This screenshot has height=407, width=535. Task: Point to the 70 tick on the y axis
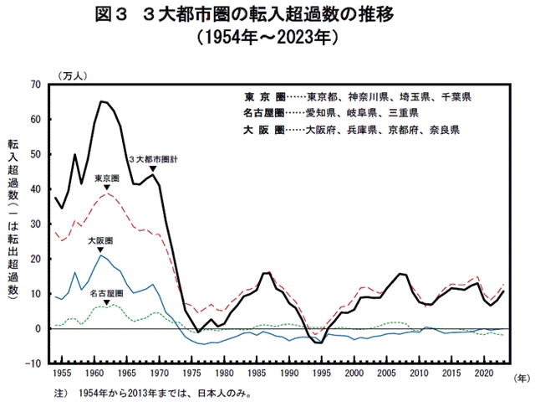[35, 85]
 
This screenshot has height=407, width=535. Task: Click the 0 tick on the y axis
[38, 329]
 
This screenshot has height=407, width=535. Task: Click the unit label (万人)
[73, 74]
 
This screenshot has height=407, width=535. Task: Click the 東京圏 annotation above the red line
[106, 178]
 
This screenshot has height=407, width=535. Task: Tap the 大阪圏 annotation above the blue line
[99, 240]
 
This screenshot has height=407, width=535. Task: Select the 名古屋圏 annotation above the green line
[106, 292]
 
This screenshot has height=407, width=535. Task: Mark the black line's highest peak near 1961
[101, 101]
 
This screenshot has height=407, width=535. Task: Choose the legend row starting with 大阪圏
[351, 131]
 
